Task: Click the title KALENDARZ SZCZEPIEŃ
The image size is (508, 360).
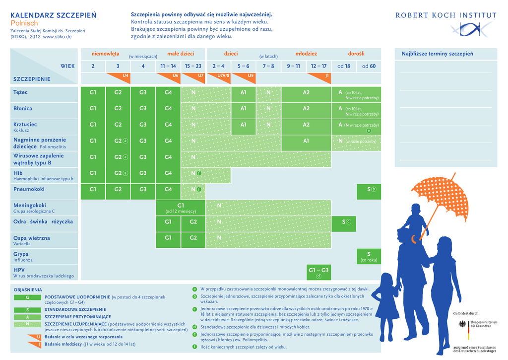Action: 54,15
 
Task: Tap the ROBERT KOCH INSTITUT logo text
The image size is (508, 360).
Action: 445,15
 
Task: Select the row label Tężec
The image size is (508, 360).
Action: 21,92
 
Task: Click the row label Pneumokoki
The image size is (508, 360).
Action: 29,189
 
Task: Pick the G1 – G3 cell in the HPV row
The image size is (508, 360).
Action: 318,271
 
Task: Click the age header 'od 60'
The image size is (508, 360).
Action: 369,66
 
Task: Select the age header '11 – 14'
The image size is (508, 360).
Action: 168,66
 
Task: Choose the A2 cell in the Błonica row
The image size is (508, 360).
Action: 306,109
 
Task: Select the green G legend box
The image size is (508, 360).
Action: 27,297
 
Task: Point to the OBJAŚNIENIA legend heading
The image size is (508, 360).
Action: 28,289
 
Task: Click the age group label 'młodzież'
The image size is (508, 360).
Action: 306,54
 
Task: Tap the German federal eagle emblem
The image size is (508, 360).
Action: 464,325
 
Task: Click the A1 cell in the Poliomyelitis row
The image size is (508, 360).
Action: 306,141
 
